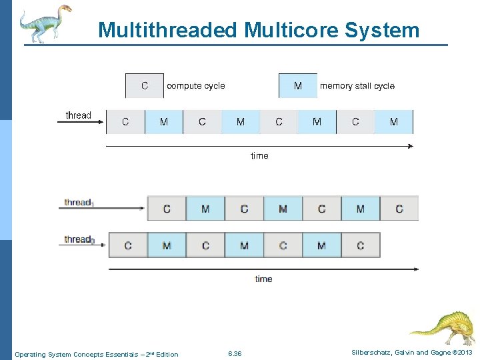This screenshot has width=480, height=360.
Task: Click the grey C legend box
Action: click(x=145, y=86)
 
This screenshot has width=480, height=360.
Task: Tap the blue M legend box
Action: click(x=297, y=86)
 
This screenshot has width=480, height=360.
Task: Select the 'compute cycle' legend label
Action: click(x=196, y=86)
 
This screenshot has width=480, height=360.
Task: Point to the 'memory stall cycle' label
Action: click(x=357, y=86)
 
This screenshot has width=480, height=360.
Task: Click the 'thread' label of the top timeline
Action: click(x=79, y=115)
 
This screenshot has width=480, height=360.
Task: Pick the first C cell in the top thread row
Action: click(x=125, y=122)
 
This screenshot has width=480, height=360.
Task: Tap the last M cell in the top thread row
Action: click(x=393, y=122)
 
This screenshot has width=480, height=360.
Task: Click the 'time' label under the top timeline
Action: click(x=259, y=156)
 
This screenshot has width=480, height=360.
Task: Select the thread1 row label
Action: click(x=79, y=203)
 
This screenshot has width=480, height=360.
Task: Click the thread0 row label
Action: click(x=79, y=240)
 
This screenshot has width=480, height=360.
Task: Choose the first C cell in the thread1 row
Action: click(x=167, y=209)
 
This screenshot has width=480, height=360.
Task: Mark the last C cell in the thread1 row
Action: click(x=399, y=209)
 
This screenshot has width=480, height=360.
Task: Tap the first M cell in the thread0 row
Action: click(x=167, y=246)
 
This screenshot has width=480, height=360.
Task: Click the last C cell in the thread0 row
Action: click(x=361, y=246)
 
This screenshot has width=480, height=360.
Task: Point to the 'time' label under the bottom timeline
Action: click(x=263, y=279)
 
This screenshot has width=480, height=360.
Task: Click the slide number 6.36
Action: click(x=235, y=353)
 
